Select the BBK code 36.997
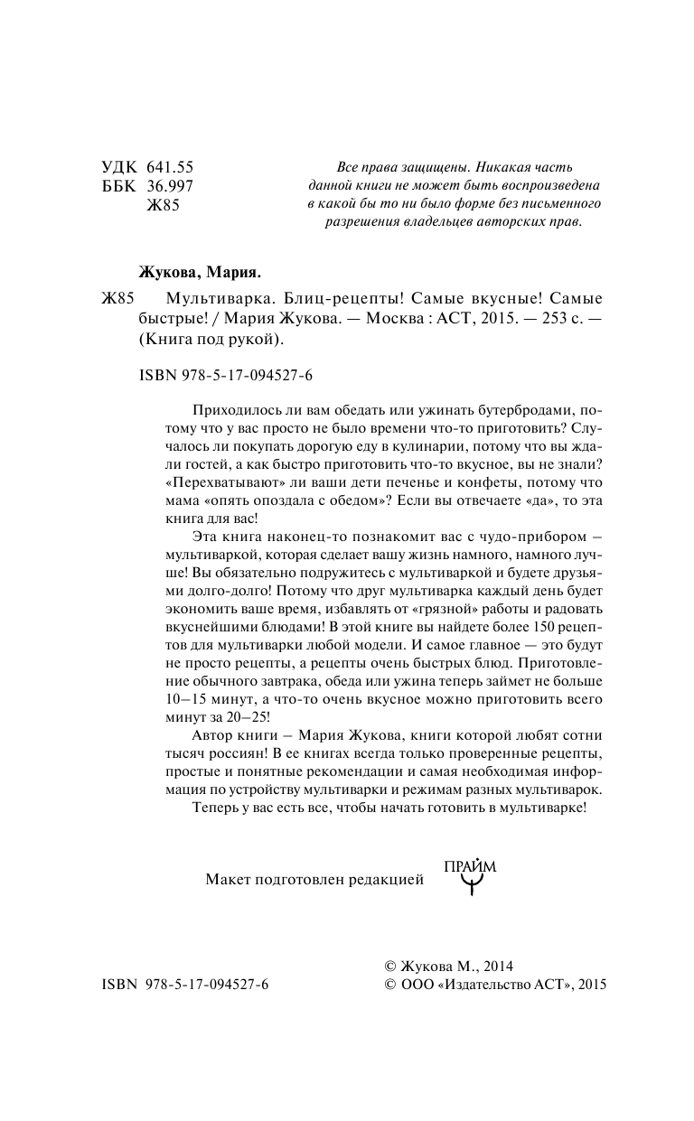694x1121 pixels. pos(170,186)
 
